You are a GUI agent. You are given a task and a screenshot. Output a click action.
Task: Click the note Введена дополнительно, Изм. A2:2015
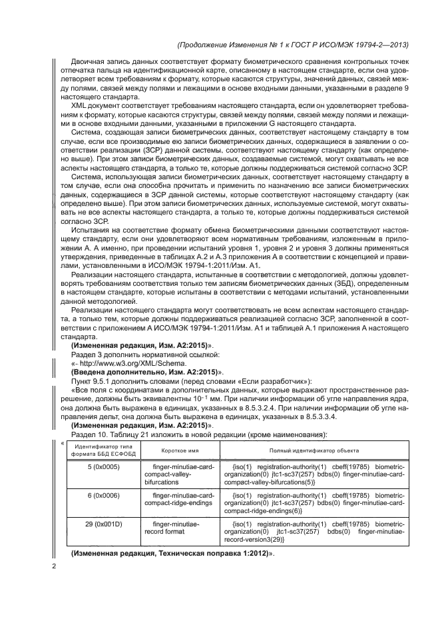(x=146, y=372)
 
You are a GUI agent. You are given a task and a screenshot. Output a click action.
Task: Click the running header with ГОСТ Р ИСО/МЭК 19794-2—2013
(x=294, y=45)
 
